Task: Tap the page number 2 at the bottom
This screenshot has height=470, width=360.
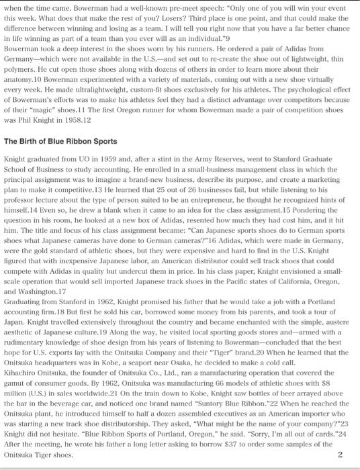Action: (x=340, y=455)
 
